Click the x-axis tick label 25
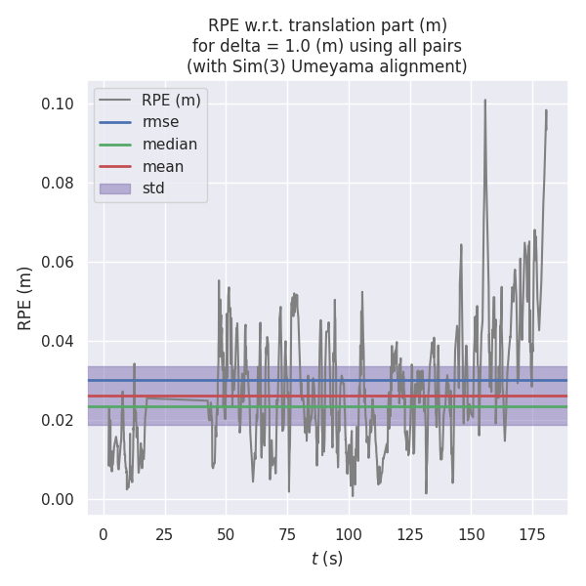tap(164, 534)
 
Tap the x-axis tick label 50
tap(226, 534)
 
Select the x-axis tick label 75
tap(287, 534)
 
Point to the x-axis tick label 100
tap(349, 534)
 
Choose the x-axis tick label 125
tap(409, 534)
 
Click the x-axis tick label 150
tap(471, 534)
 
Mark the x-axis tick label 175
tap(532, 534)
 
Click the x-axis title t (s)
tap(326, 559)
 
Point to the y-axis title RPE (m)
tap(25, 298)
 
